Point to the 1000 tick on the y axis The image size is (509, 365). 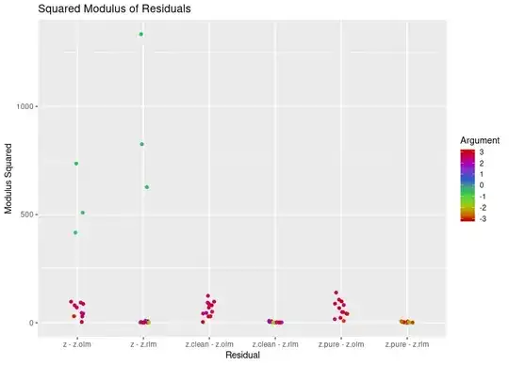(23, 107)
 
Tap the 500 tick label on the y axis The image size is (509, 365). (25, 214)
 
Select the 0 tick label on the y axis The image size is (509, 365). (30, 323)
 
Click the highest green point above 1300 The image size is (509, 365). (141, 35)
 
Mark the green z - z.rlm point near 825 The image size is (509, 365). (141, 144)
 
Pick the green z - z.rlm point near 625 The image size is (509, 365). (147, 187)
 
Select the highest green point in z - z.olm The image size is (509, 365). (76, 164)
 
